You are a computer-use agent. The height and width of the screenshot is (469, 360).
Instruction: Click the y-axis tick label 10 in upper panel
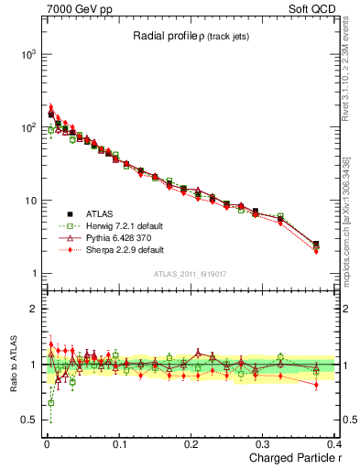click(x=28, y=201)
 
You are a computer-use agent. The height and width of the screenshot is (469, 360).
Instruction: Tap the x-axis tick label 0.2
click(x=191, y=444)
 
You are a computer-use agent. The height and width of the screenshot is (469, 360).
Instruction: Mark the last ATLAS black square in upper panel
click(x=316, y=245)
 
